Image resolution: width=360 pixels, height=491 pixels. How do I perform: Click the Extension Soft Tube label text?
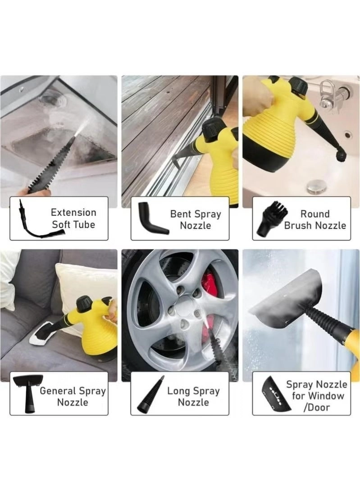tap(73, 218)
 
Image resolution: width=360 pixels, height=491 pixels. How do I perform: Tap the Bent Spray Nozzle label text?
tap(196, 219)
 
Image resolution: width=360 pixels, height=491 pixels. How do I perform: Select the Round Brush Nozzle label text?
tap(315, 219)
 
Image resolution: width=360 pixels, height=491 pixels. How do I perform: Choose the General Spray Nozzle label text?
tap(73, 396)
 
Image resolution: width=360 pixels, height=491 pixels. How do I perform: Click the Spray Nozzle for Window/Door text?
tap(317, 396)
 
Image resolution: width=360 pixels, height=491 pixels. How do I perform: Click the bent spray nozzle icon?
tap(151, 218)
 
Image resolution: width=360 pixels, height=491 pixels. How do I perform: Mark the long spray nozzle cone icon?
tap(150, 395)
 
